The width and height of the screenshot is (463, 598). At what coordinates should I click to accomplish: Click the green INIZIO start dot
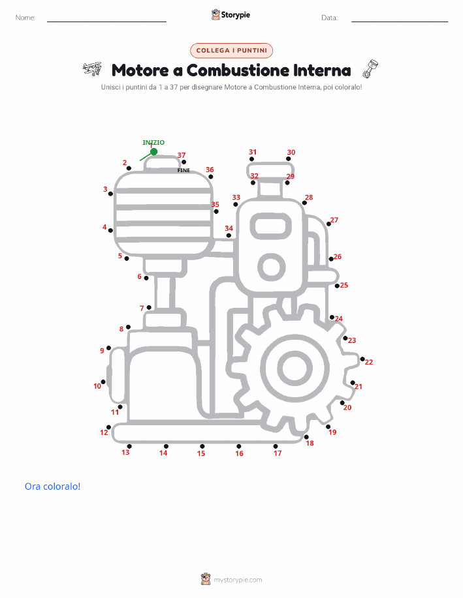pyautogui.click(x=154, y=152)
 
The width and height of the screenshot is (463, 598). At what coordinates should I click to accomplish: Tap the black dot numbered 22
pyautogui.click(x=362, y=359)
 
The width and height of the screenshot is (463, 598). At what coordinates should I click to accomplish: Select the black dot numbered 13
pyautogui.click(x=129, y=446)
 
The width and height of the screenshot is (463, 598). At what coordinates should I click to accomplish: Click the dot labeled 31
pyautogui.click(x=251, y=159)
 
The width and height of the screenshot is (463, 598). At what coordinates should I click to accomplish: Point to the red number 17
pyautogui.click(x=278, y=453)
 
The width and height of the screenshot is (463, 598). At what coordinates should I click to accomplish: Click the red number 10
pyautogui.click(x=97, y=386)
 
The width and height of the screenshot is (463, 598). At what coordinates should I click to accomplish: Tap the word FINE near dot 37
pyautogui.click(x=184, y=170)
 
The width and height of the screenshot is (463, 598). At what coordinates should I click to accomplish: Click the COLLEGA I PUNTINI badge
pyautogui.click(x=231, y=50)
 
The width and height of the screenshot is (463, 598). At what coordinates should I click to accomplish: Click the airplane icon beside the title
pyautogui.click(x=92, y=69)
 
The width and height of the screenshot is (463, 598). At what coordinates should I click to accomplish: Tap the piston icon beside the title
pyautogui.click(x=370, y=69)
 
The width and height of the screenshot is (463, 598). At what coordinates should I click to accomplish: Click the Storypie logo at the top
pyautogui.click(x=231, y=15)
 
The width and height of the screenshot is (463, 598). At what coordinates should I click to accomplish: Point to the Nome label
pyautogui.click(x=25, y=18)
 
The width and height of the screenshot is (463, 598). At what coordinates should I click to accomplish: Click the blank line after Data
pyautogui.click(x=400, y=22)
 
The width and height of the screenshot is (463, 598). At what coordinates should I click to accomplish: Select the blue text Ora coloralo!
pyautogui.click(x=53, y=486)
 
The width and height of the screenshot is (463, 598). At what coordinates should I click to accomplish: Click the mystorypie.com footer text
pyautogui.click(x=238, y=580)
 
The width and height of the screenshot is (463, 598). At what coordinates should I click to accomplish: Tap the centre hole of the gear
pyautogui.click(x=295, y=368)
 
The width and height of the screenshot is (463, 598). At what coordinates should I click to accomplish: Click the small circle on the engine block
pyautogui.click(x=272, y=267)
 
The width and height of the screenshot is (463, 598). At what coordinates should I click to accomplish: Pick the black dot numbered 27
pyautogui.click(x=328, y=224)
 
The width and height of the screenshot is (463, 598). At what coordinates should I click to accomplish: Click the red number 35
pyautogui.click(x=215, y=204)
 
